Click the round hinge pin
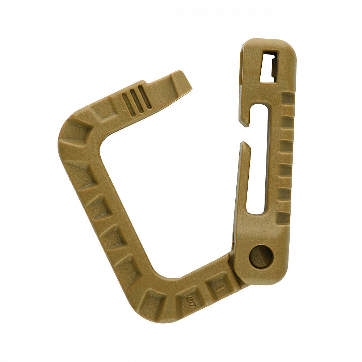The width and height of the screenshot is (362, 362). [261, 256]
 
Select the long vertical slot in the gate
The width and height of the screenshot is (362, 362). [258, 159]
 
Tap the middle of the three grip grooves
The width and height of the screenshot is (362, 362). [136, 100]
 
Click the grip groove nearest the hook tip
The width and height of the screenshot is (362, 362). [145, 97]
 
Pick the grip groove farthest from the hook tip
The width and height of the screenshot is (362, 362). [128, 104]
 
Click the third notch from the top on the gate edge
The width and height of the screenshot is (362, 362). [286, 146]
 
